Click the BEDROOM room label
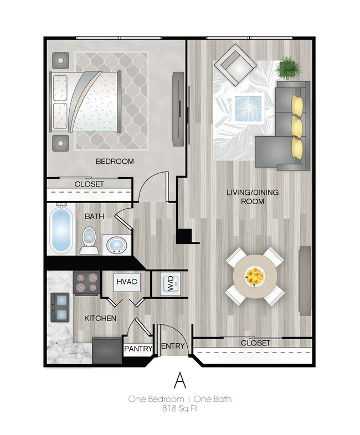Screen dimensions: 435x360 (115, 162)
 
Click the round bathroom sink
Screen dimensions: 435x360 (117, 244)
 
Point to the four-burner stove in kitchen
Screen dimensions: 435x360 (86, 283)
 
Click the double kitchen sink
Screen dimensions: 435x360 (60, 307)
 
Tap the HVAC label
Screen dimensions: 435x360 (127, 282)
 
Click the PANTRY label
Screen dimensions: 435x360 (138, 349)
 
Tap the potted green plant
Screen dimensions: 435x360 (289, 68)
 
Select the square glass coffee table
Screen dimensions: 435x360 (248, 108)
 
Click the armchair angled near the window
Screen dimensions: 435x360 (235, 65)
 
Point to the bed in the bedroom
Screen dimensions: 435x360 (86, 101)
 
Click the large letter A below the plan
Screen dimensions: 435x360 (179, 381)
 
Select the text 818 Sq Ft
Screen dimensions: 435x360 (179, 409)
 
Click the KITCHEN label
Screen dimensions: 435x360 (100, 318)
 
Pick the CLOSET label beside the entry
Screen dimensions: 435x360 (255, 343)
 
